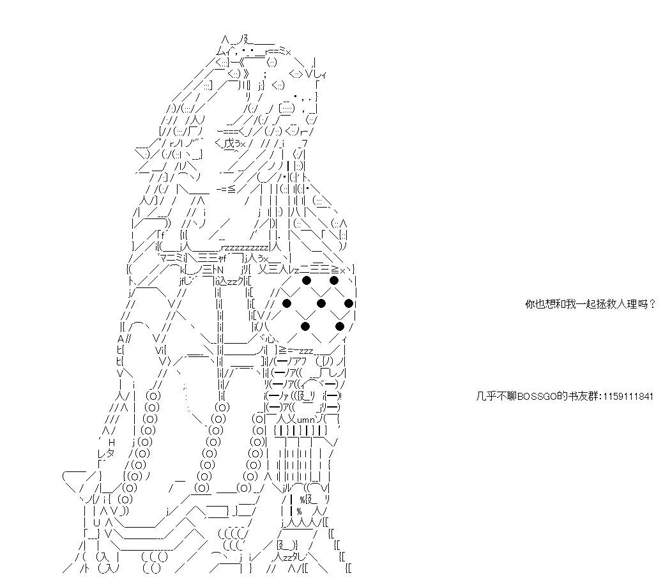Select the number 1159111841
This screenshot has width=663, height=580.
[x=629, y=397]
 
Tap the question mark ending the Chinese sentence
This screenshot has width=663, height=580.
[x=652, y=304]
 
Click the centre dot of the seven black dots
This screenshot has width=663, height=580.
[x=321, y=303]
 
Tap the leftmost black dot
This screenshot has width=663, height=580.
[x=287, y=303]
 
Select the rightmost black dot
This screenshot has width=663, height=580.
[x=348, y=303]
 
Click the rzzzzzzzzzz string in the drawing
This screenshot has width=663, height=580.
[x=245, y=247]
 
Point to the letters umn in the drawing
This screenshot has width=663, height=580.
[x=306, y=420]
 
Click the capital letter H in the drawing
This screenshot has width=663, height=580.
[x=112, y=442]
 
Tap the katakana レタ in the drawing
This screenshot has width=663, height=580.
[x=105, y=454]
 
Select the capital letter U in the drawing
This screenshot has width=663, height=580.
[x=97, y=523]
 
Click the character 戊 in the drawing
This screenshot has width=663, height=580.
[x=229, y=143]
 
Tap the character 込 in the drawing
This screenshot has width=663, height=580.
[x=222, y=280]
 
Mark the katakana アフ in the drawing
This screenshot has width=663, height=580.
[x=302, y=362]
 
